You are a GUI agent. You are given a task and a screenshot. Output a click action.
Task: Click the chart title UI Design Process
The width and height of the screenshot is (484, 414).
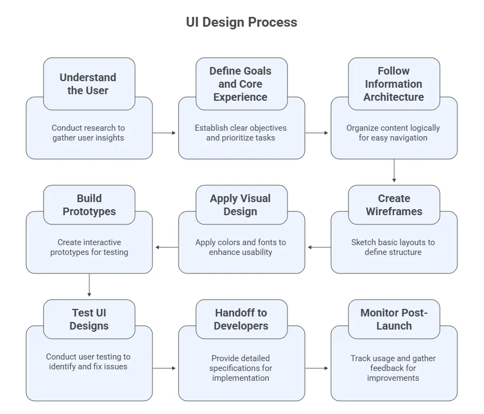(242, 22)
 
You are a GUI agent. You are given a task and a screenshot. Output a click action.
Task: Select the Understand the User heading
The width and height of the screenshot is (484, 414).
(88, 84)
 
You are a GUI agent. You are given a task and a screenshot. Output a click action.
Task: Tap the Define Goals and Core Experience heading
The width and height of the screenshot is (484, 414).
(241, 84)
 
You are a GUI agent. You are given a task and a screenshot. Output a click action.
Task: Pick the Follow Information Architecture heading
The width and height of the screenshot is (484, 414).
(394, 84)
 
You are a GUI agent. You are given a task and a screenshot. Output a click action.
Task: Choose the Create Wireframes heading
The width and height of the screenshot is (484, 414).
(394, 205)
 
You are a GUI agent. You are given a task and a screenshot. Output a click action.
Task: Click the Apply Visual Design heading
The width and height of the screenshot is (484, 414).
(241, 205)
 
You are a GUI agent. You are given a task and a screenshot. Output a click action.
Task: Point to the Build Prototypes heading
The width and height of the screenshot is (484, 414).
(89, 205)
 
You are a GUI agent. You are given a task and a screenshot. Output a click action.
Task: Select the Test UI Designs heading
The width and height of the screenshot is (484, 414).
(89, 319)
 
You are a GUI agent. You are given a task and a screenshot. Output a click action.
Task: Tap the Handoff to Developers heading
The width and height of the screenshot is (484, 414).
(241, 319)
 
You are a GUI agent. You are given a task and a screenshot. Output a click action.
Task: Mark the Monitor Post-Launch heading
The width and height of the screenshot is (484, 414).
(394, 319)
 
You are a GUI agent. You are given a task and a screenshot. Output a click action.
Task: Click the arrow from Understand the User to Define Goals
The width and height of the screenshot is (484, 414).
(165, 133)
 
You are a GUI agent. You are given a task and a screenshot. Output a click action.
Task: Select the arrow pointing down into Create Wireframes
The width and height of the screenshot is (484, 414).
(394, 171)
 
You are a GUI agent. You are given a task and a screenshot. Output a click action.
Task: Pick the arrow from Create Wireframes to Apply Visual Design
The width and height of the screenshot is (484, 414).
(318, 247)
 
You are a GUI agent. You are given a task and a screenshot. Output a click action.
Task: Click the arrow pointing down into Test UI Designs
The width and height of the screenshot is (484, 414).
(89, 285)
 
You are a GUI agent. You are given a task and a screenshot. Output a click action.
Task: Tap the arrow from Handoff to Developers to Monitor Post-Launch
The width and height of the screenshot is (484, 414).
(317, 368)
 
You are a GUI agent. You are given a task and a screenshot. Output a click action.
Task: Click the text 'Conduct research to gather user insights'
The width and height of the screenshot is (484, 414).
(88, 133)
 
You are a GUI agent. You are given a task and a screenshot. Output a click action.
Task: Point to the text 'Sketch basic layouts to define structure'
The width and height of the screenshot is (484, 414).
(393, 247)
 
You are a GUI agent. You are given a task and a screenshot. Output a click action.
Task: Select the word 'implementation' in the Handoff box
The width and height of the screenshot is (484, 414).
(241, 378)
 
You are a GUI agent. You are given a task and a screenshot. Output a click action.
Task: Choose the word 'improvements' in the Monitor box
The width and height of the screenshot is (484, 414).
(393, 378)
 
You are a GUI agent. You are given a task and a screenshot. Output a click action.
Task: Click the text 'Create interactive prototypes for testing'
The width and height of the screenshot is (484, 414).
(89, 247)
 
